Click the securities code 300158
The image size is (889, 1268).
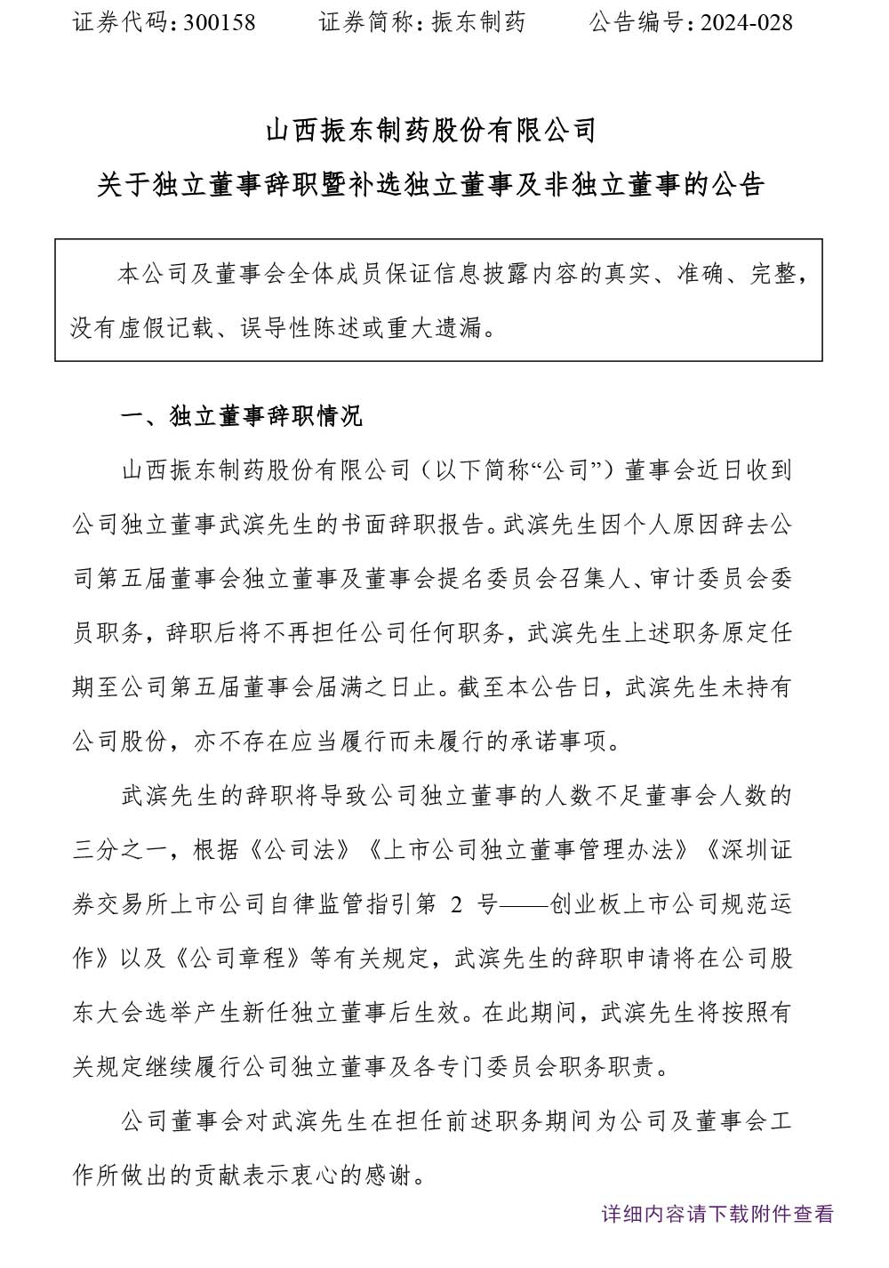click(x=219, y=22)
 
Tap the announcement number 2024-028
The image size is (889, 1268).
click(x=745, y=22)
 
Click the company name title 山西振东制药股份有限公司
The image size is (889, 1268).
click(x=430, y=132)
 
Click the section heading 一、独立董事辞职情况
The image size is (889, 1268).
click(x=241, y=416)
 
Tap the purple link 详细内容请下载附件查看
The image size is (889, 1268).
click(x=717, y=1213)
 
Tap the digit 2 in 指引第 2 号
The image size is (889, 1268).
click(x=457, y=904)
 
